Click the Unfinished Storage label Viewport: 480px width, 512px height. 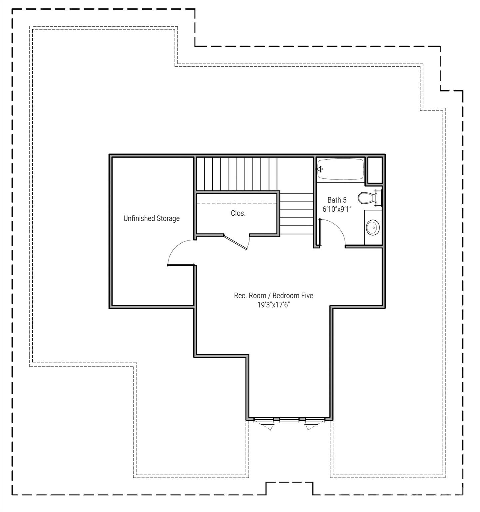pos(152,219)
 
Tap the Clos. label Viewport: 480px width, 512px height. pos(238,213)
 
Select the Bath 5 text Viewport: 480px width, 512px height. pos(337,200)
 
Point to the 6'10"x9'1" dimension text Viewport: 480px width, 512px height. pos(337,209)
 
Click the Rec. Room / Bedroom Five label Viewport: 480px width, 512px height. pos(273,296)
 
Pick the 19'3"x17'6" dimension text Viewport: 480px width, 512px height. pos(273,305)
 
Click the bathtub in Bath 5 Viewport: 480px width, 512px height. pos(340,169)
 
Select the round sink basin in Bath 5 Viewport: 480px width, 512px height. pos(372,228)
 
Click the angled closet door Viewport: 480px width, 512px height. pos(236,242)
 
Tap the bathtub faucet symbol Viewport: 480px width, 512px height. pos(320,169)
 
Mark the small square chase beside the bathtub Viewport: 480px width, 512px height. pos(375,170)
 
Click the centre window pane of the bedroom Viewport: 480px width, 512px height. pos(289,419)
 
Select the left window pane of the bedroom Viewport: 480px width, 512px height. pos(263,419)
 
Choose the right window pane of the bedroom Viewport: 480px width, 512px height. pos(315,419)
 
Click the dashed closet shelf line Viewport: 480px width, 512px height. pos(237,203)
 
